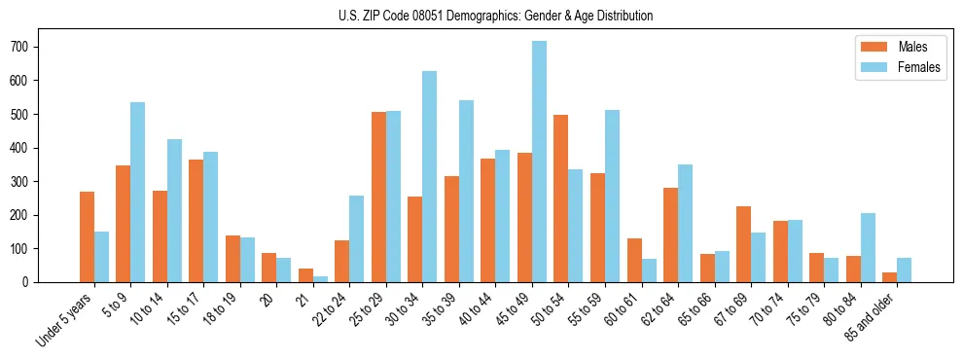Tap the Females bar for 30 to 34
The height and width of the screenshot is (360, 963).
pyautogui.click(x=430, y=176)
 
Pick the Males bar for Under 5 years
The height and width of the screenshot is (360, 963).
pyautogui.click(x=88, y=236)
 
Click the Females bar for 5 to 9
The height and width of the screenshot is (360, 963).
pyautogui.click(x=138, y=192)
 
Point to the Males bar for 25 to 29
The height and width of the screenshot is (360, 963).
pyautogui.click(x=378, y=197)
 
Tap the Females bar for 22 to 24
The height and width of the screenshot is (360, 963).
pyautogui.click(x=357, y=238)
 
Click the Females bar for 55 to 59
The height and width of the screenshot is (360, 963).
pyautogui.click(x=612, y=196)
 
